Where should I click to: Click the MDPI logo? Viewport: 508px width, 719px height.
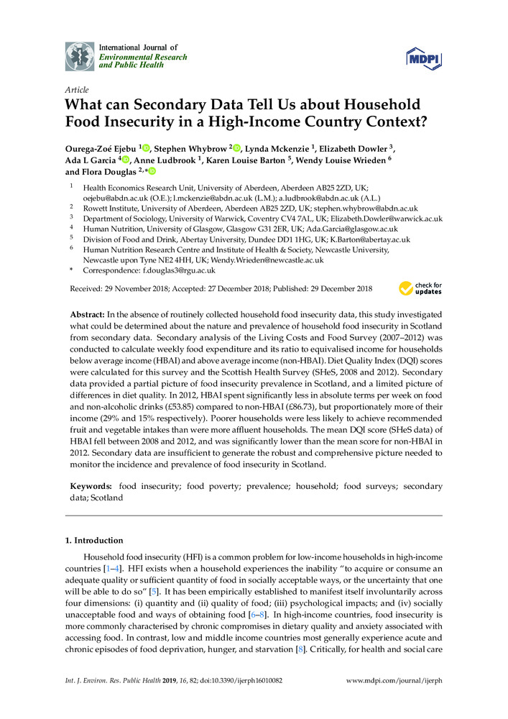[x=424, y=57]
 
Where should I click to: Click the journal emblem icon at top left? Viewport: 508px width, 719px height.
[x=79, y=55]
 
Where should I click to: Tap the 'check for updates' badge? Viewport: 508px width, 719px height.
[x=420, y=288]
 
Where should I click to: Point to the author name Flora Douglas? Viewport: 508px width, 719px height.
[x=112, y=172]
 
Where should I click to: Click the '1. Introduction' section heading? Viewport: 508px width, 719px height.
[x=94, y=541]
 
